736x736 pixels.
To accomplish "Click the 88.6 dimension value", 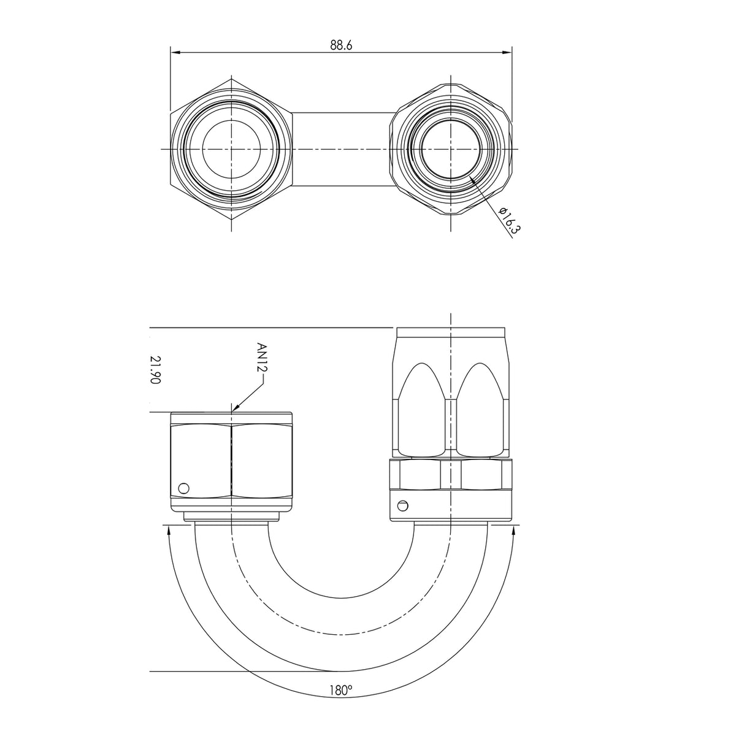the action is pyautogui.click(x=340, y=45).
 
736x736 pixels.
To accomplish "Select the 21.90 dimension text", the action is pyautogui.click(x=155, y=370).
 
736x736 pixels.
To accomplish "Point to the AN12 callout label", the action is pyautogui.click(x=262, y=358).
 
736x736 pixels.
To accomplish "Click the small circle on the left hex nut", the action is pyautogui.click(x=184, y=488).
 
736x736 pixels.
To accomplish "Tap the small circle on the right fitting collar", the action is pyautogui.click(x=402, y=505).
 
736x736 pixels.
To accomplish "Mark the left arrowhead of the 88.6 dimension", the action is pyautogui.click(x=175, y=52).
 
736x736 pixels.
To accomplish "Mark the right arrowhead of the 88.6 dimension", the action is pyautogui.click(x=507, y=52).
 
